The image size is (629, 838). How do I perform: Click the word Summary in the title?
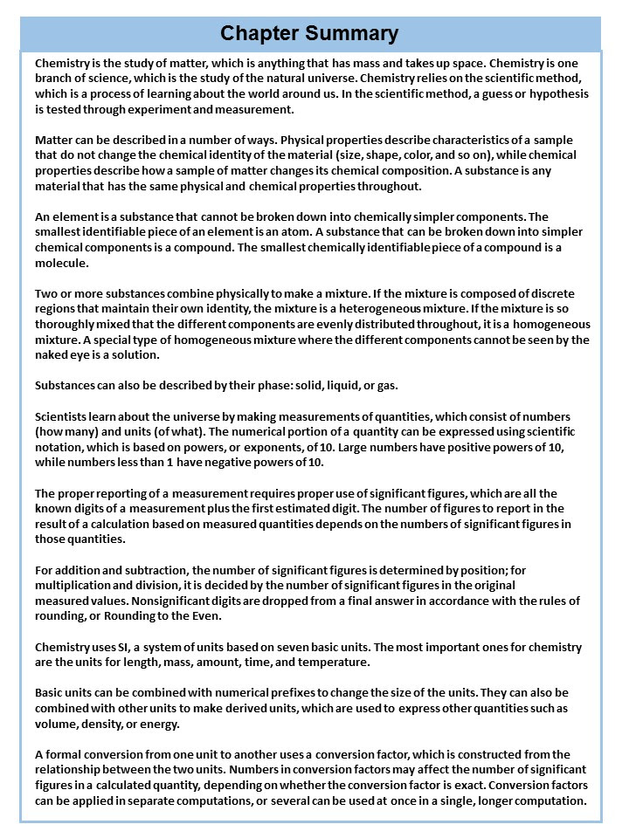(354, 33)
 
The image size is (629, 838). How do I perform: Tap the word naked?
(52, 354)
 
